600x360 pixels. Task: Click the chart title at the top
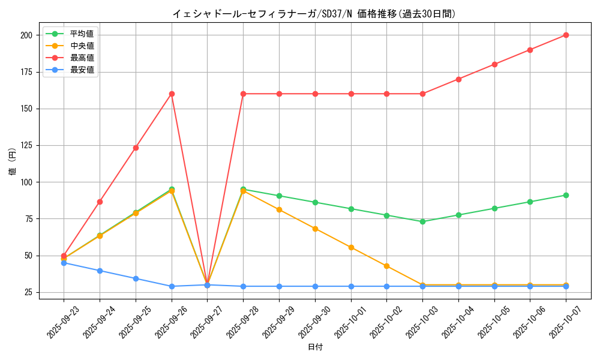click(314, 14)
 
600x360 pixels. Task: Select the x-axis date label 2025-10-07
click(554, 324)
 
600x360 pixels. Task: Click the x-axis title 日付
click(315, 347)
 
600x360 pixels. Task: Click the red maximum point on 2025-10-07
click(566, 35)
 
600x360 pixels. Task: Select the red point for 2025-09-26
click(172, 94)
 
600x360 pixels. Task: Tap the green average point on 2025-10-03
click(422, 221)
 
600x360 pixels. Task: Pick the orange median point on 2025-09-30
click(315, 229)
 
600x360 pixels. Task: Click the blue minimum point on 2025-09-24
click(100, 271)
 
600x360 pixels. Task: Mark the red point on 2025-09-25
click(136, 148)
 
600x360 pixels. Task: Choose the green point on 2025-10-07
click(566, 195)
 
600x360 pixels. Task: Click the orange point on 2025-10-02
click(386, 266)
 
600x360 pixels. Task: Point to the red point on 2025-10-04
click(458, 79)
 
